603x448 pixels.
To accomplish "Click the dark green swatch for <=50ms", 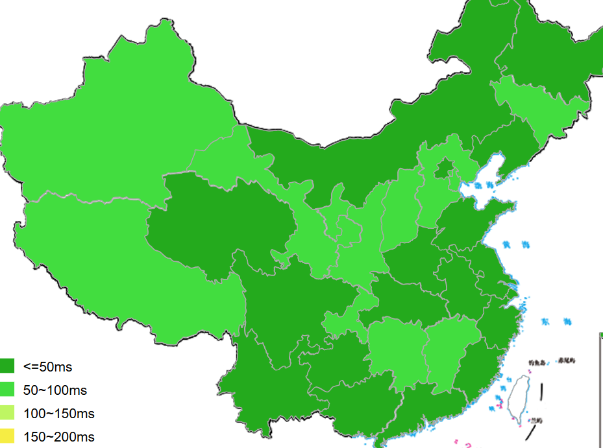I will tap(7, 366).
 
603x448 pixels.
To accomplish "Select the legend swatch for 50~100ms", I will tap(7, 390).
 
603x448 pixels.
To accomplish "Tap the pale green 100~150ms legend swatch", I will tap(7, 413).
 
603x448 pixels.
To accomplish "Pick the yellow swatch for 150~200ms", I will tap(7, 436).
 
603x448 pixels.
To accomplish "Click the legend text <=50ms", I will tap(48, 367).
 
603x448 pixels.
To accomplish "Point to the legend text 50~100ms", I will tap(55, 390).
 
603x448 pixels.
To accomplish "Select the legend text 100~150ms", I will tap(58, 414).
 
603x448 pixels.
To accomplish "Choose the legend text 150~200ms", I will tap(58, 437).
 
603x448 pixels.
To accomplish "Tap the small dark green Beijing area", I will tap(443, 171).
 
